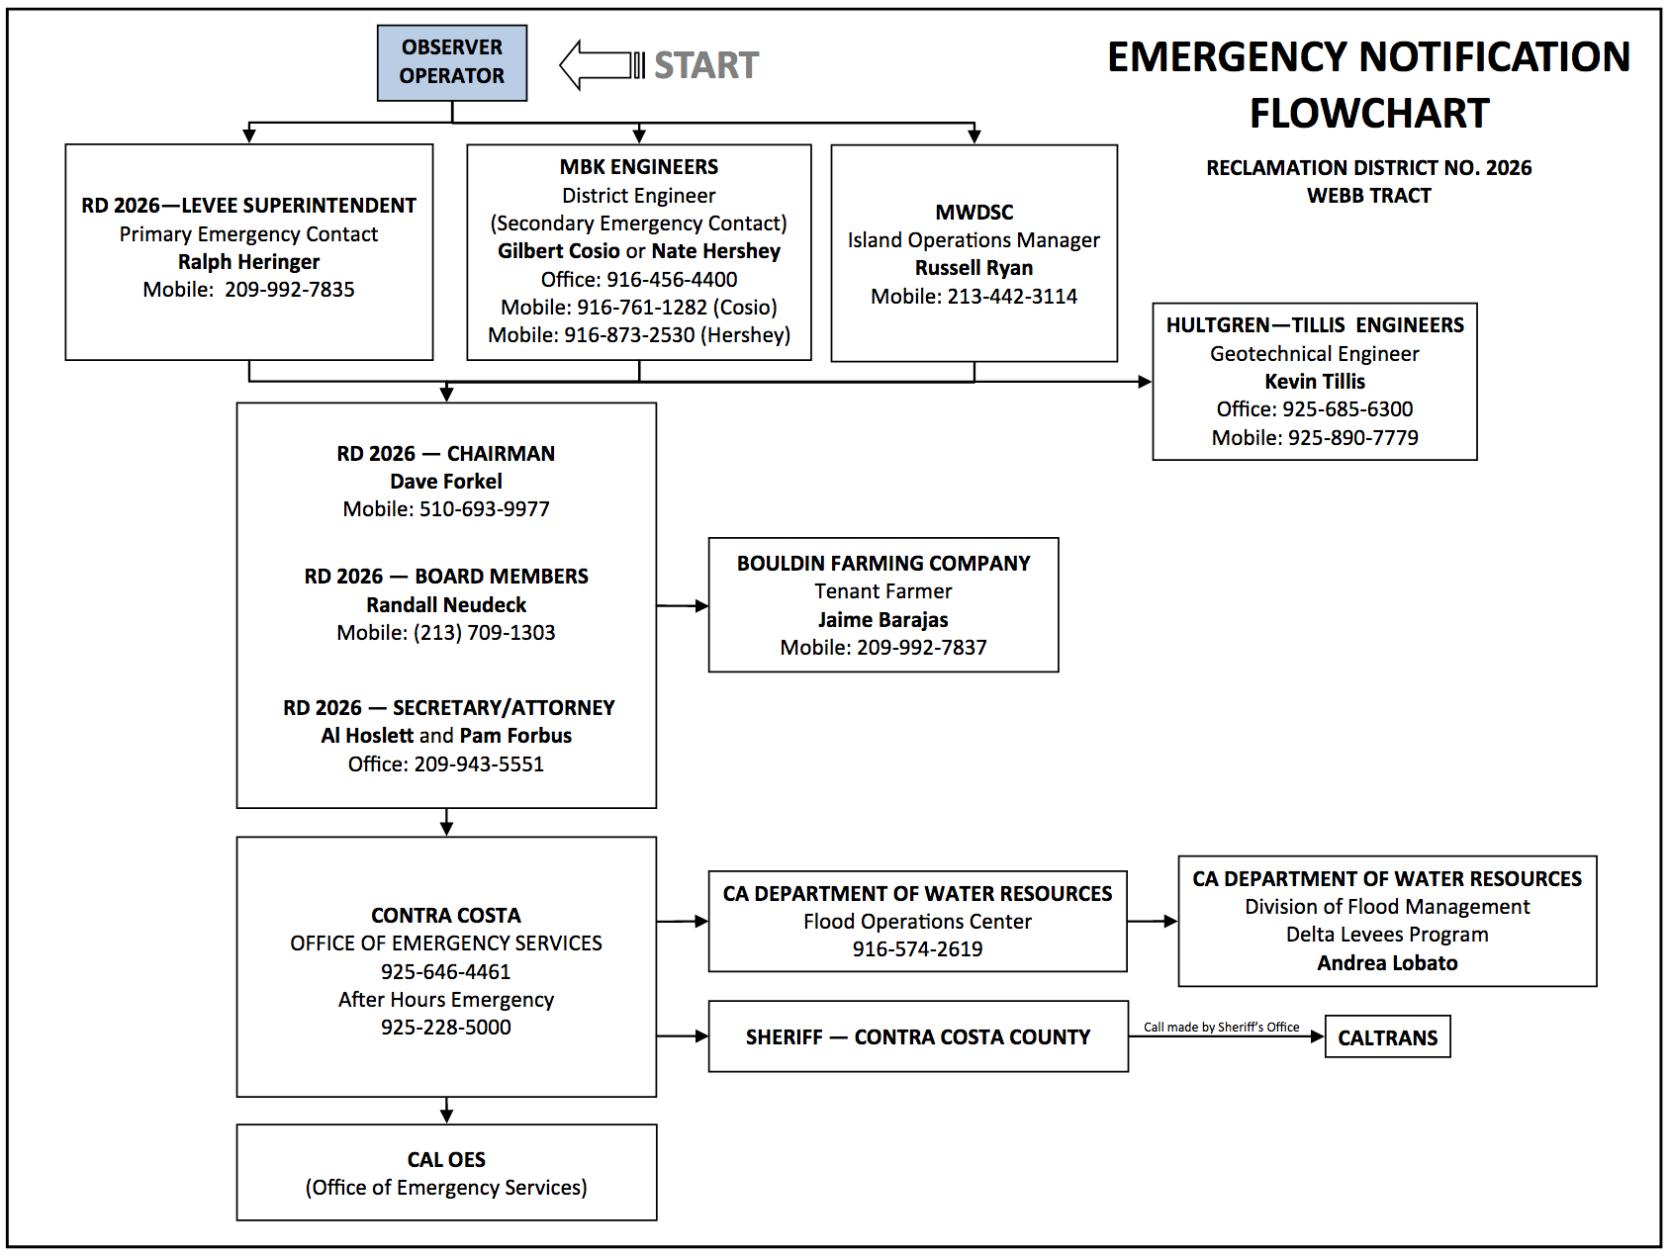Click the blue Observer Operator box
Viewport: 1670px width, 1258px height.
[452, 63]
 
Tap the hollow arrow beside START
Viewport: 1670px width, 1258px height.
[602, 65]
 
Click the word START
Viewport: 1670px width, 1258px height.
[706, 65]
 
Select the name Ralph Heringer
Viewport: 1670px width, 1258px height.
[249, 262]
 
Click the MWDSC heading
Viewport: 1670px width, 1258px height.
[974, 213]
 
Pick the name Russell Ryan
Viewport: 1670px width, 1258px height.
[974, 268]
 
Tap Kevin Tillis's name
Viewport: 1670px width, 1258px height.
[1315, 382]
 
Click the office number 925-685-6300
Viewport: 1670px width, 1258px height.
[1347, 409]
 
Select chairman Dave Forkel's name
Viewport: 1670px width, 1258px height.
[446, 482]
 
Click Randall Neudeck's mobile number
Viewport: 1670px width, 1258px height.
[484, 633]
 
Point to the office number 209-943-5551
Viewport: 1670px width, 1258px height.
[479, 764]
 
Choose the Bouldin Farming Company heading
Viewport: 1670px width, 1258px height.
[883, 564]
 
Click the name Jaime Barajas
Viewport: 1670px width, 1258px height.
[883, 620]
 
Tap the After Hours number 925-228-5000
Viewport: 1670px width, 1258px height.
[446, 1028]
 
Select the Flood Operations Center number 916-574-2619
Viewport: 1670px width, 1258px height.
[918, 949]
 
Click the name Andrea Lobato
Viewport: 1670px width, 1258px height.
[1387, 963]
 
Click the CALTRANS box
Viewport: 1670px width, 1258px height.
[1388, 1037]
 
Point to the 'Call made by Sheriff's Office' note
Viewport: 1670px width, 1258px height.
[1222, 1028]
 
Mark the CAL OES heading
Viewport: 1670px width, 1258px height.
[446, 1160]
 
